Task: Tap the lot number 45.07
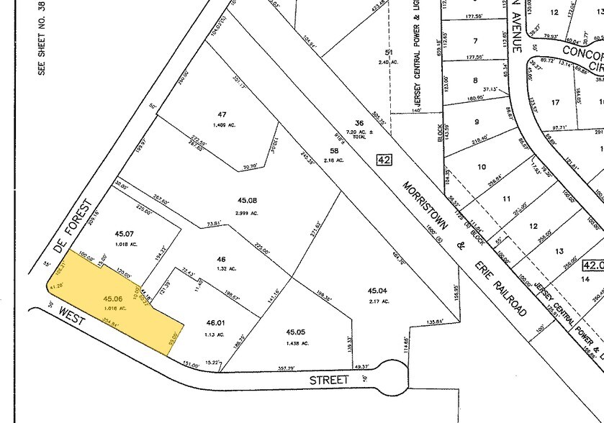(125, 233)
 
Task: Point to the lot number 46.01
(215, 324)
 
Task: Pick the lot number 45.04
(377, 291)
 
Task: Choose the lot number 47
(222, 114)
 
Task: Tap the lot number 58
(333, 150)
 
